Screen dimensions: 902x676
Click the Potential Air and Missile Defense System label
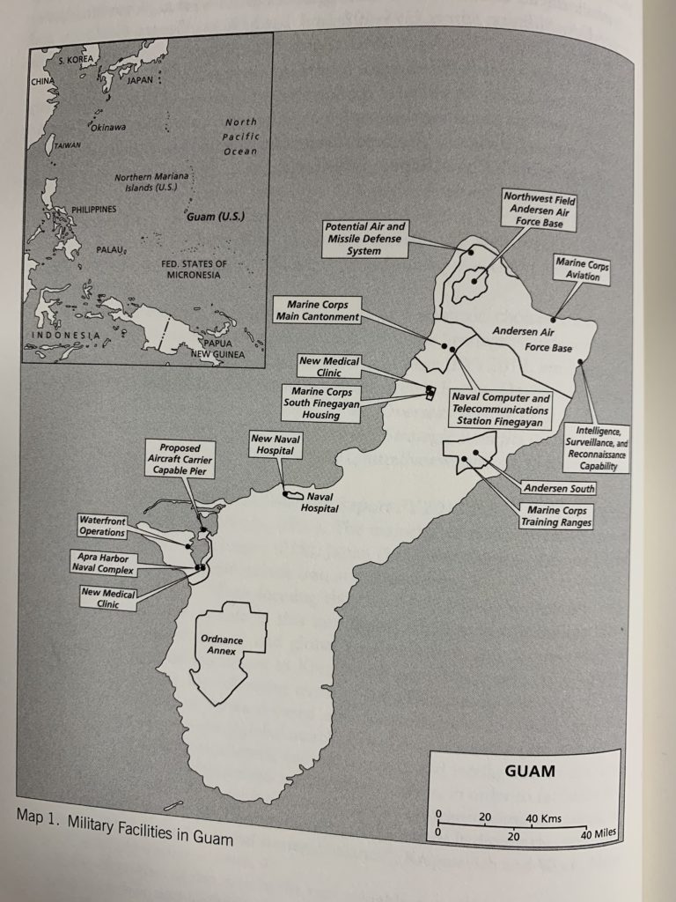(x=366, y=239)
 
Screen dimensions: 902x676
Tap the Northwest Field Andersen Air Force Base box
(x=540, y=210)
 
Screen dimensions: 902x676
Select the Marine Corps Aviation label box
(x=582, y=270)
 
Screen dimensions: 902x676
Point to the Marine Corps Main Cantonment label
(x=318, y=310)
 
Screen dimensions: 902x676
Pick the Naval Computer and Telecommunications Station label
(x=502, y=410)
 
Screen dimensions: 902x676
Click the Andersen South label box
(x=558, y=488)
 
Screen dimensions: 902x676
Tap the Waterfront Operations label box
(x=102, y=526)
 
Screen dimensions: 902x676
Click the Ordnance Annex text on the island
(x=221, y=645)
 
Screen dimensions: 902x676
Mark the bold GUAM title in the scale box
(x=530, y=773)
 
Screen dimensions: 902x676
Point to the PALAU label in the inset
(x=110, y=250)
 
